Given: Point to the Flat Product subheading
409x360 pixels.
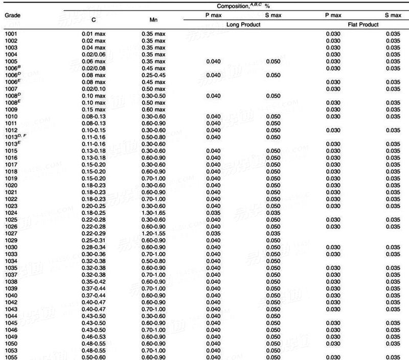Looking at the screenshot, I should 363,24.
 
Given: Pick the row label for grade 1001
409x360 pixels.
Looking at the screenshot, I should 11,34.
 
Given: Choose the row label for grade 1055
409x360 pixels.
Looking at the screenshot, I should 11,356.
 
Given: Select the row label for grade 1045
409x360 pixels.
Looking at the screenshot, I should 11,323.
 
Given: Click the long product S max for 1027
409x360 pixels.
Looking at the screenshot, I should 274,234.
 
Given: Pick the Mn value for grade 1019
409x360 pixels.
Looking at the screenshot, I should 153,178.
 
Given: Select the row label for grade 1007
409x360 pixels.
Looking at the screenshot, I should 11,89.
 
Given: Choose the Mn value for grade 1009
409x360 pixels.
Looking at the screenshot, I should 153,109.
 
